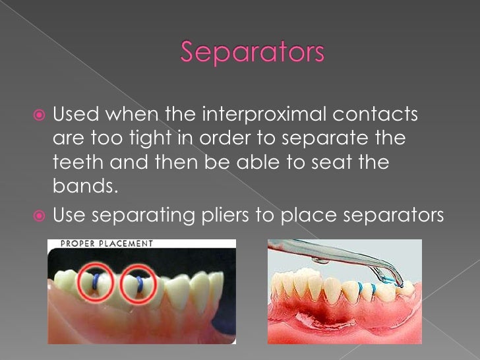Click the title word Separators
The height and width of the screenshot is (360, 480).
click(x=253, y=53)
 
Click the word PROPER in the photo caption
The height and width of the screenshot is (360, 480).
click(x=78, y=243)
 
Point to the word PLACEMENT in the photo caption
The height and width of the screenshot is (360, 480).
click(x=125, y=243)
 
